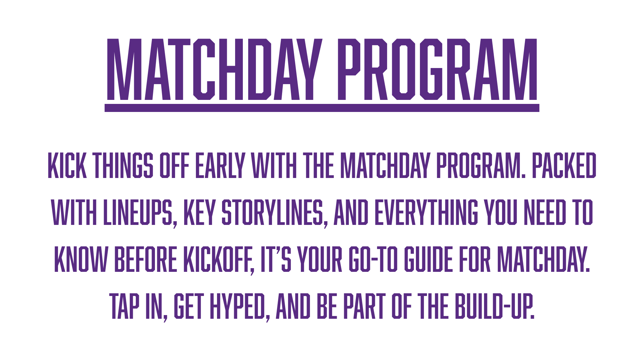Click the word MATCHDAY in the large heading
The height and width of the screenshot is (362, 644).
point(214,69)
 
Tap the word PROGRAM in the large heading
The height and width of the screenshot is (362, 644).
point(437,69)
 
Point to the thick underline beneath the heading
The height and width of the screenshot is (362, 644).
point(322,108)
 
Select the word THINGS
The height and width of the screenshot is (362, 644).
point(123,165)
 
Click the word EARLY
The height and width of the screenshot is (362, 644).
point(220,165)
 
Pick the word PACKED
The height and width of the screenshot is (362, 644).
point(564,165)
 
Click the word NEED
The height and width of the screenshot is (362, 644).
point(545,212)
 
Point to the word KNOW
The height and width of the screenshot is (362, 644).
point(81,259)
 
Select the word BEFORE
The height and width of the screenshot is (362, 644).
point(146,259)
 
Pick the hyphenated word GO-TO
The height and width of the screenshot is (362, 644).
point(373,259)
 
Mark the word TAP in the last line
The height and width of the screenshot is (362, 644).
point(124,306)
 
